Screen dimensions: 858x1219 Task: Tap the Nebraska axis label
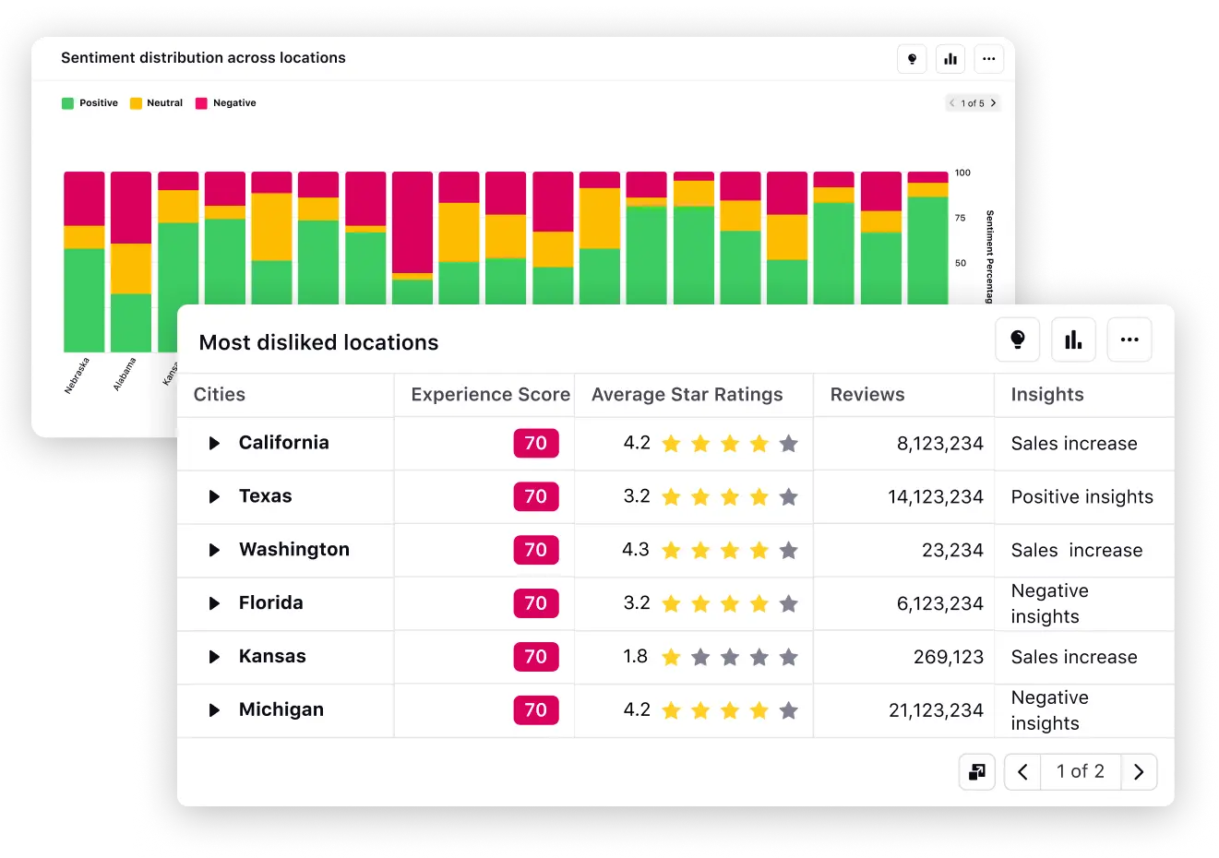tap(78, 375)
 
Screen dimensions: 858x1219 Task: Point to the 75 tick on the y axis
tap(961, 219)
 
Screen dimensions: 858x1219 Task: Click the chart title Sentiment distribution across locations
tap(203, 58)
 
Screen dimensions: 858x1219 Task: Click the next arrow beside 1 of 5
tap(993, 103)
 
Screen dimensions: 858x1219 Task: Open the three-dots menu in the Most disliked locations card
tap(1129, 340)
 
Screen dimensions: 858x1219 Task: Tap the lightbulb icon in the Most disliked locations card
tap(1017, 340)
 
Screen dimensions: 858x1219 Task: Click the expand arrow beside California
tap(214, 444)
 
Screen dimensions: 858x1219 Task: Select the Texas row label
tap(265, 496)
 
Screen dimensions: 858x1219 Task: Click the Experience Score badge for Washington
tap(536, 550)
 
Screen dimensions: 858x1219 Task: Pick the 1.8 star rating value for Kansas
tap(635, 657)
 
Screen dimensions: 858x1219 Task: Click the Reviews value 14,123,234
tap(935, 497)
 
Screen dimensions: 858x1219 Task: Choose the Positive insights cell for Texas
tap(1082, 497)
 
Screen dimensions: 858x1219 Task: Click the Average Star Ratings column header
tap(687, 395)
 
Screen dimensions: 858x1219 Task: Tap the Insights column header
tap(1046, 395)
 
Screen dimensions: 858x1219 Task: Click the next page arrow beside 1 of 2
tap(1139, 772)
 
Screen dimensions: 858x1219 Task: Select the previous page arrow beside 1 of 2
tap(1022, 772)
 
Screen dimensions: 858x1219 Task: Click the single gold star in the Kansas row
tap(672, 658)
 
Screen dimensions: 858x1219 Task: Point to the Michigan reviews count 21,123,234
tap(935, 710)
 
